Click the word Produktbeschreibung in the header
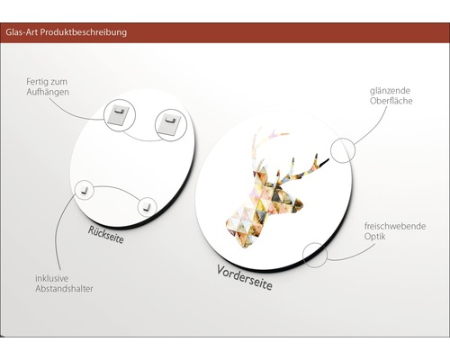84,32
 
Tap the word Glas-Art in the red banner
22,32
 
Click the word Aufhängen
48,92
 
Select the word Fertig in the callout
36,82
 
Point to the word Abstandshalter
64,289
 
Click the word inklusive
52,278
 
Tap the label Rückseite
105,235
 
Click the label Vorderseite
245,277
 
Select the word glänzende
390,91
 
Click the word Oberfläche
391,101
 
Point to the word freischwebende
395,226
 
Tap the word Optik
375,237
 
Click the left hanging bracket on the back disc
118,116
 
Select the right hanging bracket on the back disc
170,124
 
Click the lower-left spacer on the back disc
84,190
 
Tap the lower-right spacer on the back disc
147,206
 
